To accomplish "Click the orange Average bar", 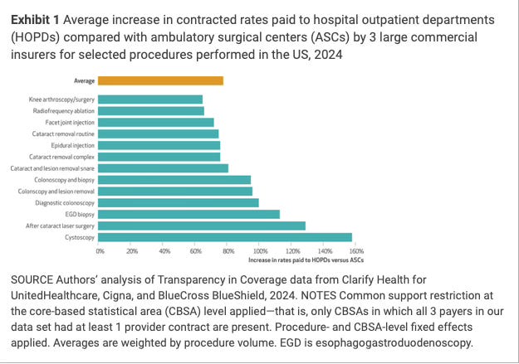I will tap(160, 80).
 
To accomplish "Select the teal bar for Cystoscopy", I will tap(225, 237).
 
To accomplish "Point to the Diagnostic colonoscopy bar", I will tap(179, 202).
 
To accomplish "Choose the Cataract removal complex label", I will tap(62, 157).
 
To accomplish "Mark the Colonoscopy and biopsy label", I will tap(64, 179).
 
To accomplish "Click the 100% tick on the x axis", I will tap(259, 250).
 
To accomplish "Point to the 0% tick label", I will tap(100, 250).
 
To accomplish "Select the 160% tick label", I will tap(355, 250).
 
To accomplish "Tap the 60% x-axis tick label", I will tap(196, 250).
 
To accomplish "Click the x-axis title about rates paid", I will tap(306, 260).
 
